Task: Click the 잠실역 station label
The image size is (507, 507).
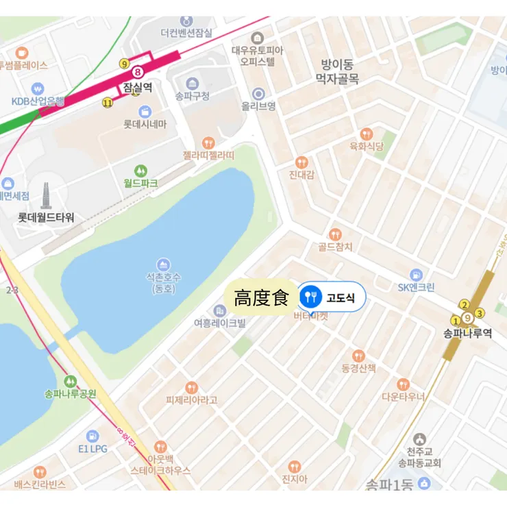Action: coord(138,88)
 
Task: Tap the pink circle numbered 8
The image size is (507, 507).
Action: coord(138,71)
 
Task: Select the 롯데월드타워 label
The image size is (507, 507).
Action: coord(46,218)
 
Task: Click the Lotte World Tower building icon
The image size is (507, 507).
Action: coord(47,196)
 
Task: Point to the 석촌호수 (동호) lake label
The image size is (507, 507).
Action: coord(163,283)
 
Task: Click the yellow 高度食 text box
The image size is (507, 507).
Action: coord(262,298)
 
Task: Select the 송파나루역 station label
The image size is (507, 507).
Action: coord(468,333)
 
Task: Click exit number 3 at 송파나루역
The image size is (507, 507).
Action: coord(480,313)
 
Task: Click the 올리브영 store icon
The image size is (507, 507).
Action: coord(258,93)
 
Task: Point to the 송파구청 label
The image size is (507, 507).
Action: coord(193,96)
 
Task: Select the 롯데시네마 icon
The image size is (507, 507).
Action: coord(145,112)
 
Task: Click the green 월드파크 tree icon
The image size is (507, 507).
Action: coord(140,171)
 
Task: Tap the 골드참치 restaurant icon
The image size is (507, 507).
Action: coord(335,234)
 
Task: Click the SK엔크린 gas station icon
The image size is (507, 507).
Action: coord(416,274)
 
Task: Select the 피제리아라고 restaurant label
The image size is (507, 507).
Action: coord(191,400)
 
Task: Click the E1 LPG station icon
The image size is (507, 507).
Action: coord(92,436)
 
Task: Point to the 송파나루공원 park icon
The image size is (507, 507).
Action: coord(70,381)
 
